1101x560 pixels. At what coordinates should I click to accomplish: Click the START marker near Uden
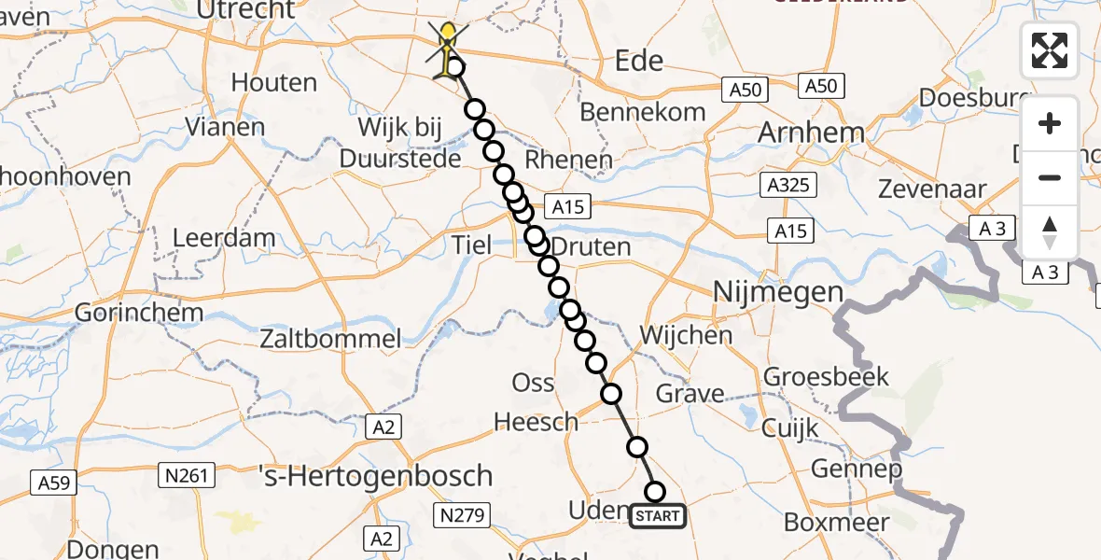coord(658,516)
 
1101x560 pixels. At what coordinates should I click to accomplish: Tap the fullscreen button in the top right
coord(1050,50)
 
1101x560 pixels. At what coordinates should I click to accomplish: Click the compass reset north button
coord(1050,232)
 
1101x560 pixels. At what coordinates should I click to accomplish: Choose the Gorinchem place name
coord(128,312)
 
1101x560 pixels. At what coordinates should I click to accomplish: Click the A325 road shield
coord(788,185)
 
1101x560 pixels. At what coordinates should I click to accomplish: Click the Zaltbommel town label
coord(331,339)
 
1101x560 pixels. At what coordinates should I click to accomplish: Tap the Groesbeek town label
coord(827,377)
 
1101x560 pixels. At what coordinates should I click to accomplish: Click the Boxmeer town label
coord(837,522)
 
